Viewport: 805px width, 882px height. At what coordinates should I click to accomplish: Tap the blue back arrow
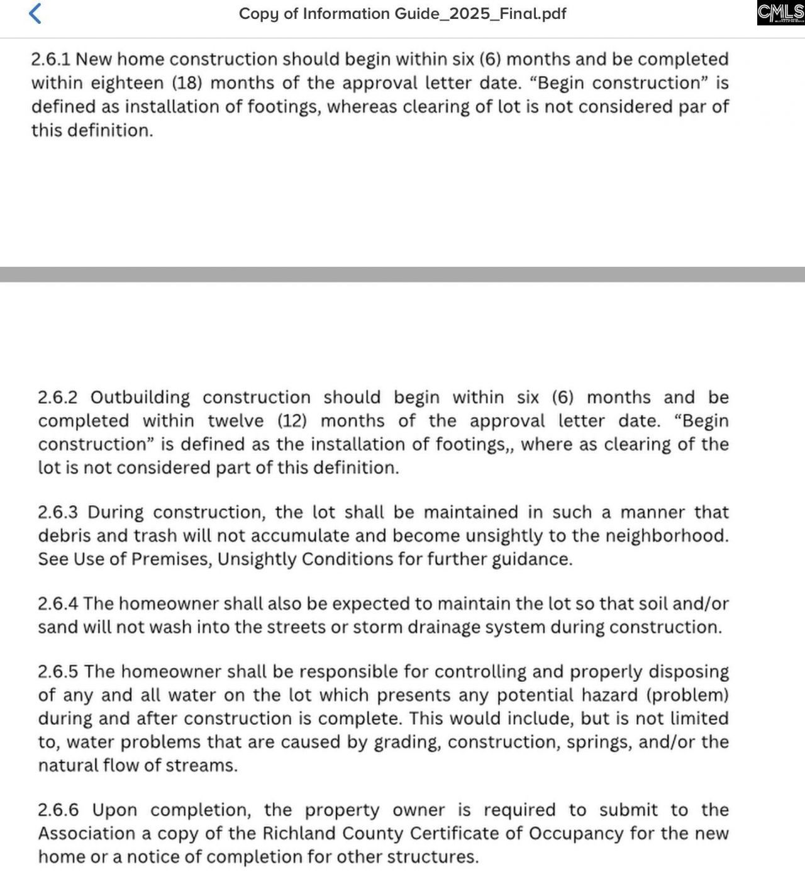tap(36, 13)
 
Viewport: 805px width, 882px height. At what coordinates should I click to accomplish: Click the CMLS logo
tap(780, 13)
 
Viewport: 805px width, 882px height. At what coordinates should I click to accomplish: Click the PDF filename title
tap(402, 14)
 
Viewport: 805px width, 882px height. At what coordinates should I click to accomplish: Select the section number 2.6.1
tap(51, 60)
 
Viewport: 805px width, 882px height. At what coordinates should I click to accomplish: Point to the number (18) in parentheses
tap(187, 83)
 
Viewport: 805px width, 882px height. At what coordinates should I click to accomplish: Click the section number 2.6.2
tap(58, 398)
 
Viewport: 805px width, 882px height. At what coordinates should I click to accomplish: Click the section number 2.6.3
tap(58, 512)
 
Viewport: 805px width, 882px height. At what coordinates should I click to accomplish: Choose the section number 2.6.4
tap(58, 604)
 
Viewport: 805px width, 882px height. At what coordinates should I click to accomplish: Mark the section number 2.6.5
tap(58, 672)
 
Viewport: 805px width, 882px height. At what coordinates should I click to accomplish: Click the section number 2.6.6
tap(58, 810)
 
